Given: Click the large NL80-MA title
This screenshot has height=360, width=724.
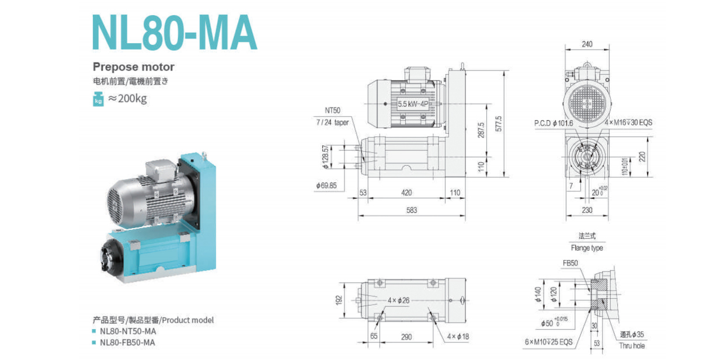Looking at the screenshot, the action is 175,32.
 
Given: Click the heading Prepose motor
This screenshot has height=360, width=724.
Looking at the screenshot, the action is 134,67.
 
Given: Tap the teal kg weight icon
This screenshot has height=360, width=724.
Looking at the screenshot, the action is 98,99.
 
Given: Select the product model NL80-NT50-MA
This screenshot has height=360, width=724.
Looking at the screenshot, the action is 128,331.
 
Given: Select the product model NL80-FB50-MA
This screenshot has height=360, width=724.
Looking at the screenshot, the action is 127,342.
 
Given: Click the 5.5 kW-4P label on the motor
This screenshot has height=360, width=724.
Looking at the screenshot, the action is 413,104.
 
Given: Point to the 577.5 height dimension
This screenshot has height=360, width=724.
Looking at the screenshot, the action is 499,124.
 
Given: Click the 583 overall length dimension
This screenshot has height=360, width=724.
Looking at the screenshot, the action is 412,210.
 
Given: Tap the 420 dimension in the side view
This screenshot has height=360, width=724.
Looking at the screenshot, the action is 406,193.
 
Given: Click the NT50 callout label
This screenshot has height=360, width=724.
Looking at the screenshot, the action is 332,110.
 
